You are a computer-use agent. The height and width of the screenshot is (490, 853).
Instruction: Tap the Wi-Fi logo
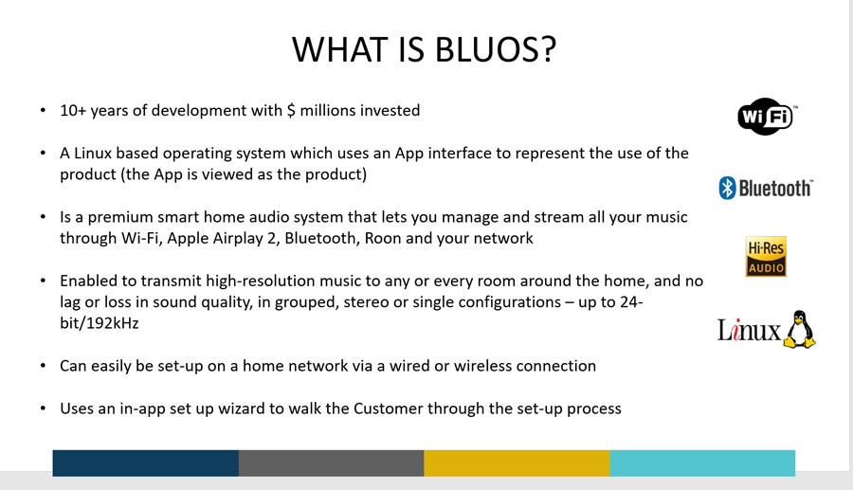pyautogui.click(x=767, y=116)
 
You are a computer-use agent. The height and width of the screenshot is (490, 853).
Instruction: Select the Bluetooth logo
pyautogui.click(x=766, y=189)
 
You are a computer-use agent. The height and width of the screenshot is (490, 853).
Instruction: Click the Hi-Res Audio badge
pyautogui.click(x=766, y=256)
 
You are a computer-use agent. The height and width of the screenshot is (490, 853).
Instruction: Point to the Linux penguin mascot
pyautogui.click(x=799, y=329)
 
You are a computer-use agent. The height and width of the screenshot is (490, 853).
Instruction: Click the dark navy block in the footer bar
pyautogui.click(x=146, y=463)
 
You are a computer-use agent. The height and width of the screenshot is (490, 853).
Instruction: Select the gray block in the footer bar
pyautogui.click(x=332, y=463)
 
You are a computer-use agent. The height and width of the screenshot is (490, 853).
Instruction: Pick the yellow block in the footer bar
pyautogui.click(x=517, y=463)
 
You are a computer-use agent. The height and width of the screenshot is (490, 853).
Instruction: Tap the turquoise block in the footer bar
pyautogui.click(x=702, y=463)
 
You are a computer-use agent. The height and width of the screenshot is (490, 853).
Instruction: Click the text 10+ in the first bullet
pyautogui.click(x=73, y=110)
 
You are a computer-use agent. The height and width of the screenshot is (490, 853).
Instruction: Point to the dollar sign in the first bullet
pyautogui.click(x=291, y=110)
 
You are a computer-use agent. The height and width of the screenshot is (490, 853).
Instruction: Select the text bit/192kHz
pyautogui.click(x=99, y=323)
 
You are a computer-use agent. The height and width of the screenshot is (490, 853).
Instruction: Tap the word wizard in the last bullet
pyautogui.click(x=240, y=408)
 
